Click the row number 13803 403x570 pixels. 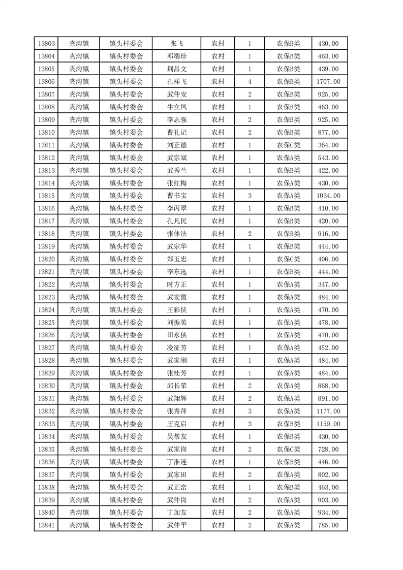[x=46, y=44]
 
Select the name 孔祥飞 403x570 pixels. [x=176, y=82]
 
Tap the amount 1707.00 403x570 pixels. [x=329, y=82]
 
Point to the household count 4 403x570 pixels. [x=250, y=82]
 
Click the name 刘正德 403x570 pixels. [x=176, y=145]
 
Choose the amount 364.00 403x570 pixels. [x=329, y=145]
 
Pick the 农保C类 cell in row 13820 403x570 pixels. [x=288, y=259]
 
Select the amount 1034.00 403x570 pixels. [x=329, y=196]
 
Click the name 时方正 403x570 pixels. [x=176, y=284]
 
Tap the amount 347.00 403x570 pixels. [x=329, y=284]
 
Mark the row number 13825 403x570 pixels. [x=46, y=323]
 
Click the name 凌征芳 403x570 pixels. [x=176, y=348]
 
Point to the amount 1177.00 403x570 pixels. [x=329, y=411]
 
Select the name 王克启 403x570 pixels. [x=176, y=424]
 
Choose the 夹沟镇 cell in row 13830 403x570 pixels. [x=79, y=386]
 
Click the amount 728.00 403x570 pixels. [x=329, y=449]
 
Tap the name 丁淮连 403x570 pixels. [x=176, y=462]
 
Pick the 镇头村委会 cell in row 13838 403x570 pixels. [x=127, y=487]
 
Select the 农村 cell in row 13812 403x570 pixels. [x=218, y=158]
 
